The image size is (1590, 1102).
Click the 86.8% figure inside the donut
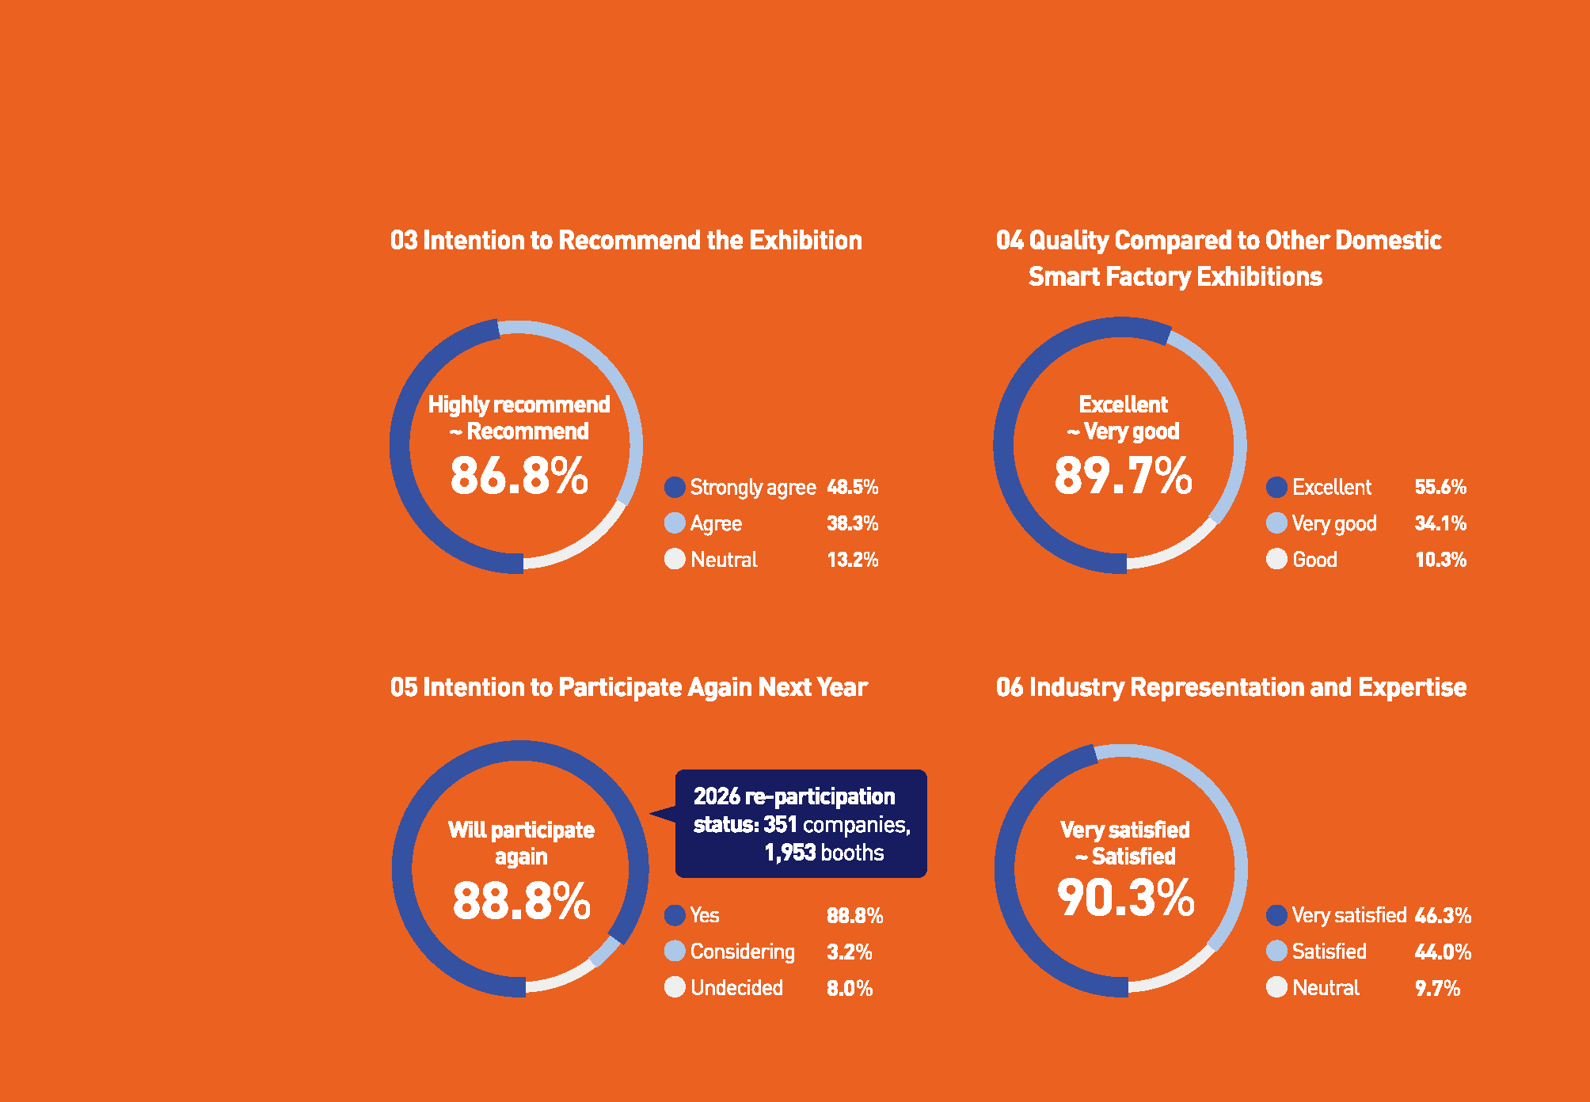click(519, 476)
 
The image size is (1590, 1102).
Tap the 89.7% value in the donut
click(1123, 476)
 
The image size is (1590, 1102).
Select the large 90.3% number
click(1125, 899)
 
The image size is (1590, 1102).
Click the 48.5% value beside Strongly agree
click(853, 487)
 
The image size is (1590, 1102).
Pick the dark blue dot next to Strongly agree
click(675, 487)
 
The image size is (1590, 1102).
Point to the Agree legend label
click(716, 523)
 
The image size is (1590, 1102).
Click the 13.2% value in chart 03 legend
click(853, 560)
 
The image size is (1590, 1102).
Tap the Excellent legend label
click(1332, 487)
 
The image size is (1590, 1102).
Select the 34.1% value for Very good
click(1440, 523)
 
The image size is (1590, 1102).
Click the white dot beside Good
click(1276, 559)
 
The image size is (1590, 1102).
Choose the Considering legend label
click(742, 952)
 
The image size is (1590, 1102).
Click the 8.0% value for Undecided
click(850, 988)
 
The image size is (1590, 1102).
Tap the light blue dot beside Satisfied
click(1276, 951)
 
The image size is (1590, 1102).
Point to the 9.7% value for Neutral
click(1437, 988)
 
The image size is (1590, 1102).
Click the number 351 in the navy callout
click(780, 825)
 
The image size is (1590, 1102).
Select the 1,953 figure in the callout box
click(789, 853)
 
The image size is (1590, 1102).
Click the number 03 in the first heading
click(403, 241)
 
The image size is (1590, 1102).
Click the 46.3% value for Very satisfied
click(1443, 916)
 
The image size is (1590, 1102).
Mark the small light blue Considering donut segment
click(605, 951)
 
